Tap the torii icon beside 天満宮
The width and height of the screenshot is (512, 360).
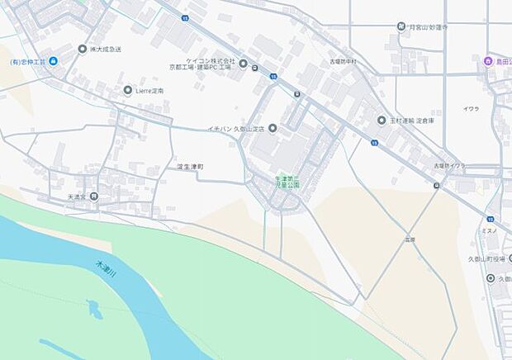[x=94, y=197]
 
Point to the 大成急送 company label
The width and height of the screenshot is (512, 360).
[x=107, y=49]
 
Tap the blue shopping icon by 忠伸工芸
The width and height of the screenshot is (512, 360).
[x=54, y=62]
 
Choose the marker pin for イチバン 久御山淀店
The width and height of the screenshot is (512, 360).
[x=273, y=128]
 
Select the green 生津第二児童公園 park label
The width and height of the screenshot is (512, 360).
[x=287, y=182]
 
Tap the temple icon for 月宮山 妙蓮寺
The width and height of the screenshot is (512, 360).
[x=401, y=27]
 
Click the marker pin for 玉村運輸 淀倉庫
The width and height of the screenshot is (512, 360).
[x=382, y=120]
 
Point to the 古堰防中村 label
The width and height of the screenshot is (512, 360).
[x=342, y=61]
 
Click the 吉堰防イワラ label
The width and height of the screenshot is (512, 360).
[x=449, y=166]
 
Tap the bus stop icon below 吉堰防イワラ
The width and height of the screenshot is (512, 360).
[x=436, y=185]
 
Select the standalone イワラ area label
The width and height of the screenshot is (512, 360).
[x=471, y=108]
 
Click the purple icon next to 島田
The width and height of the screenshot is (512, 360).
[x=488, y=60]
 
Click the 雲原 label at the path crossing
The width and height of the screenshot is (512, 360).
[x=410, y=239]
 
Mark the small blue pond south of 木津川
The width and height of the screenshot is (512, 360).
[x=93, y=311]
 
